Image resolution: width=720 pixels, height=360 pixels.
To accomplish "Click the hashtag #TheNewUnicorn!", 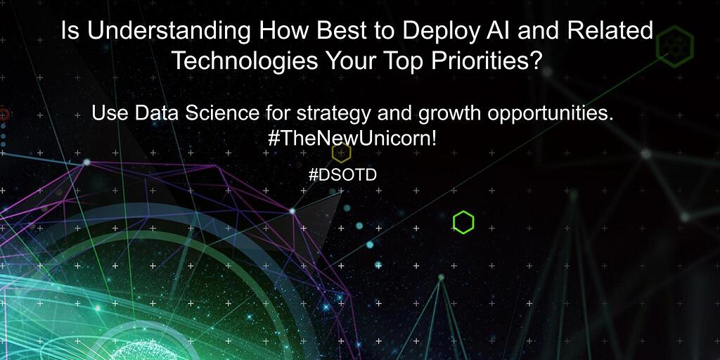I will tap(352, 138).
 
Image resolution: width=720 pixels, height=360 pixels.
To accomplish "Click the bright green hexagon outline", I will tap(463, 222).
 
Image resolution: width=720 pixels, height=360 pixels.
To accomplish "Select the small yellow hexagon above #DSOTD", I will tap(341, 153).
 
